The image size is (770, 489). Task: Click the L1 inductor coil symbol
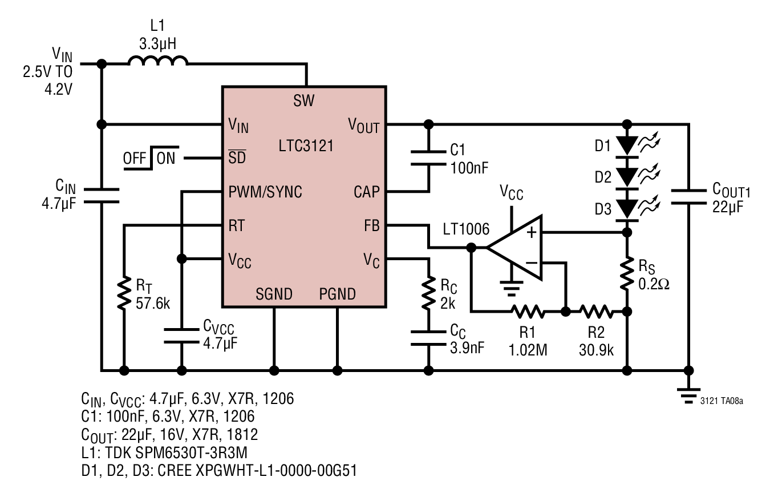click(x=158, y=60)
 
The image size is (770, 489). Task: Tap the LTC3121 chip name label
click(x=306, y=146)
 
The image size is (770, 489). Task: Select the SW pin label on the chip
click(x=304, y=100)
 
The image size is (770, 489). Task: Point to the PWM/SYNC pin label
click(x=265, y=192)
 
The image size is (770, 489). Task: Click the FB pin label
click(x=372, y=226)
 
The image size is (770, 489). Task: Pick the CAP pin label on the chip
click(x=367, y=192)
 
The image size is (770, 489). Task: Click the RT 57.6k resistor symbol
click(x=124, y=293)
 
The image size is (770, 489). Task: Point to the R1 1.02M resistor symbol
click(x=528, y=312)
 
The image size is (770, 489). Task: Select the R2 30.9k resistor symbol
click(x=597, y=312)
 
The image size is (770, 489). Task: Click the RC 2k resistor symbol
click(x=428, y=293)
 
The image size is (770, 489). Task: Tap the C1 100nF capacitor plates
click(x=428, y=158)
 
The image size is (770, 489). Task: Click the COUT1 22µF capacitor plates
click(x=688, y=197)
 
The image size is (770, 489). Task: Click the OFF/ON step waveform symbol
click(x=151, y=158)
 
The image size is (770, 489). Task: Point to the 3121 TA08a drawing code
click(x=722, y=401)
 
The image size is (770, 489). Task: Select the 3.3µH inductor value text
click(x=158, y=44)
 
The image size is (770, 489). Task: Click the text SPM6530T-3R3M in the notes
click(x=192, y=452)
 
